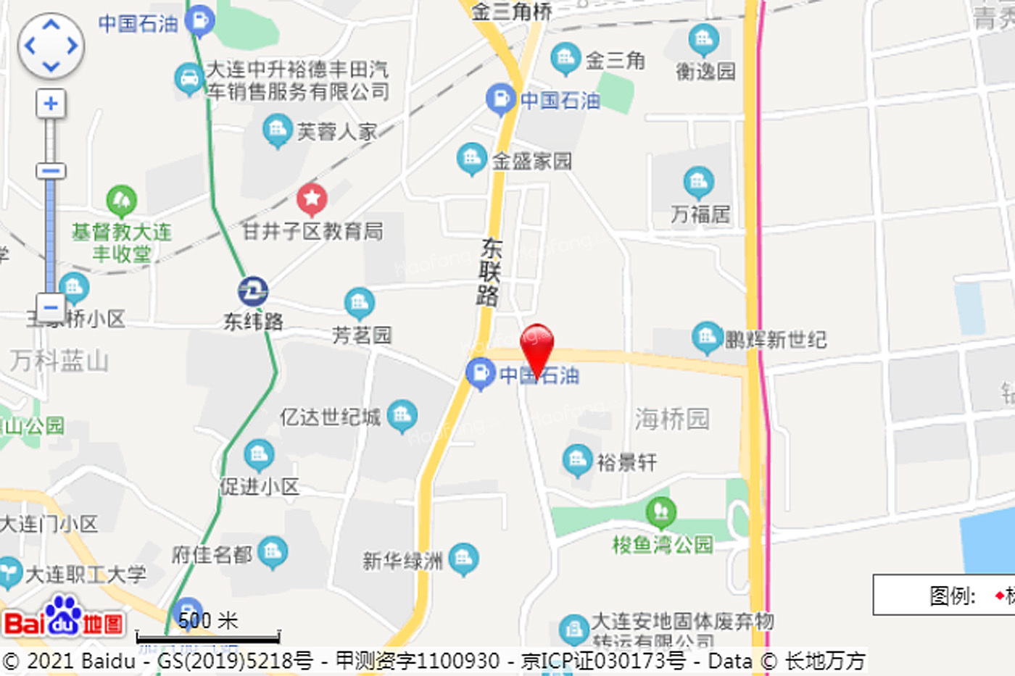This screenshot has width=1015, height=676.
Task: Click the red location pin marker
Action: point(537,346)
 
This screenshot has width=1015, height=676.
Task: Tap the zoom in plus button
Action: point(50,104)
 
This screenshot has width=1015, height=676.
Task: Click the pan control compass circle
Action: point(51,46)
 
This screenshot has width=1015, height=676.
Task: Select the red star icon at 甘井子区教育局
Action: point(312,198)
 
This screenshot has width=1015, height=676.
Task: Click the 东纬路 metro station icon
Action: point(253,291)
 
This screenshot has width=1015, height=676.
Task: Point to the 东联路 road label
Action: point(489,272)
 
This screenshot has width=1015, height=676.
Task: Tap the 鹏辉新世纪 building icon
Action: point(707,336)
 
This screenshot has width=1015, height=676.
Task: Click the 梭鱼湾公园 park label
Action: point(663,544)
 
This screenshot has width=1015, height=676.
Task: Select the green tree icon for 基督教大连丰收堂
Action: point(121,200)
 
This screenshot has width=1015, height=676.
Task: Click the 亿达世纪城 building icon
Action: point(402,415)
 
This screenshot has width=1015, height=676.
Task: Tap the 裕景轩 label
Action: point(627,462)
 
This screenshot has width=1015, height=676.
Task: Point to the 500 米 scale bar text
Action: point(208,620)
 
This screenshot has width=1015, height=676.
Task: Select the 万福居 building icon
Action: point(698,182)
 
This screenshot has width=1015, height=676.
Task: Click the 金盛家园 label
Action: point(532,161)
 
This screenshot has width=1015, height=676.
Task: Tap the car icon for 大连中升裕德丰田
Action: point(188,78)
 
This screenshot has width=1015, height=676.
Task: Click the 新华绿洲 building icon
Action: point(463,558)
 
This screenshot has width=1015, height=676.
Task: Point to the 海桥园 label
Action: point(672,418)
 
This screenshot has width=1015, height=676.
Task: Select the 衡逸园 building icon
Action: point(703,40)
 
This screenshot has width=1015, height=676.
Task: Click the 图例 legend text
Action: point(953,596)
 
